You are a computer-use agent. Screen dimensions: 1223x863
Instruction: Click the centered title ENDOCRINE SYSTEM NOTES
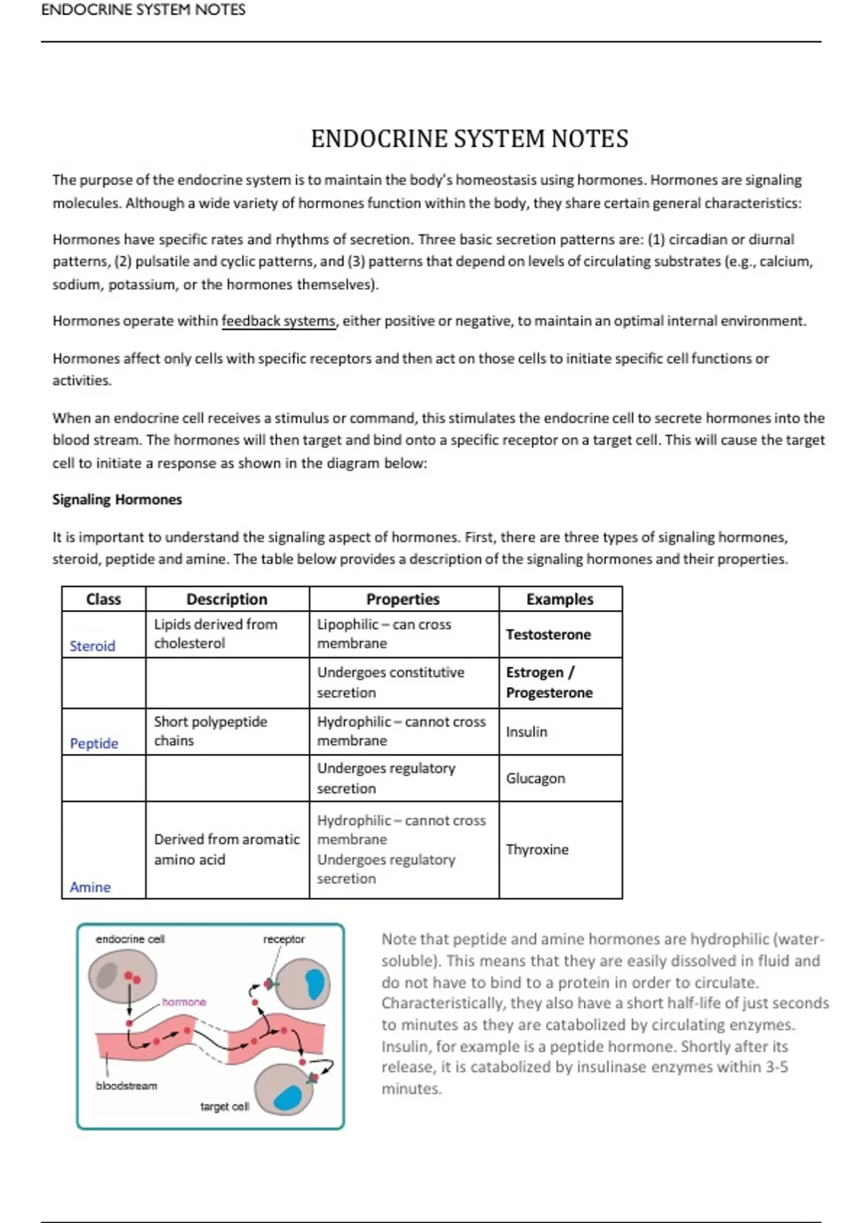click(x=469, y=138)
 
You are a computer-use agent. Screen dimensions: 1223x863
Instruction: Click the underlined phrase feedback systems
click(x=278, y=321)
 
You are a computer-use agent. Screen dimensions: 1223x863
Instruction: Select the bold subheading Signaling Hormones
click(x=117, y=499)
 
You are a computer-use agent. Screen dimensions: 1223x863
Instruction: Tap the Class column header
click(x=104, y=599)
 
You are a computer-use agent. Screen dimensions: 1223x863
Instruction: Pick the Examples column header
click(x=560, y=599)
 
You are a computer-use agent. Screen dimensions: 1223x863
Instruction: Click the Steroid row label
click(x=92, y=646)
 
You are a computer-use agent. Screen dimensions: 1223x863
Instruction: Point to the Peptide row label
click(x=94, y=743)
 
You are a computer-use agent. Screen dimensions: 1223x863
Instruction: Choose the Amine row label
click(x=90, y=887)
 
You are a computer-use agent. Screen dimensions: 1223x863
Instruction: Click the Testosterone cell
click(x=548, y=635)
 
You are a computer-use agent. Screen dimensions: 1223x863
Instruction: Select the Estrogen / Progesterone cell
click(x=549, y=682)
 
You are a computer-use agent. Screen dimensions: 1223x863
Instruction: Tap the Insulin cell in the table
click(x=526, y=732)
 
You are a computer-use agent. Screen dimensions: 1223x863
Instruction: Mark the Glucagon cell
click(x=535, y=778)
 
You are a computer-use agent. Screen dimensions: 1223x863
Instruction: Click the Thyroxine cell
click(x=537, y=850)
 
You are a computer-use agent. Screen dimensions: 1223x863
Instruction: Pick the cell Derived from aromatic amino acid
click(x=227, y=850)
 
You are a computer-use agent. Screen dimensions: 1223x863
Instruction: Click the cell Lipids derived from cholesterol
click(x=216, y=634)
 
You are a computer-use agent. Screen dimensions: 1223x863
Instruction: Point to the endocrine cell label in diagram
click(x=130, y=939)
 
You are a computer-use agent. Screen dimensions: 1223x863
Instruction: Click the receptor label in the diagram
click(x=283, y=939)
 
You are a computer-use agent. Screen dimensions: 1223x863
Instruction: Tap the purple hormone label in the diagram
click(x=184, y=1001)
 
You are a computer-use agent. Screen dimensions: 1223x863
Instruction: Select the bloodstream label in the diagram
click(x=127, y=1086)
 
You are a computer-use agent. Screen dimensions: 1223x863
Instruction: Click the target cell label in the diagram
click(x=224, y=1106)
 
